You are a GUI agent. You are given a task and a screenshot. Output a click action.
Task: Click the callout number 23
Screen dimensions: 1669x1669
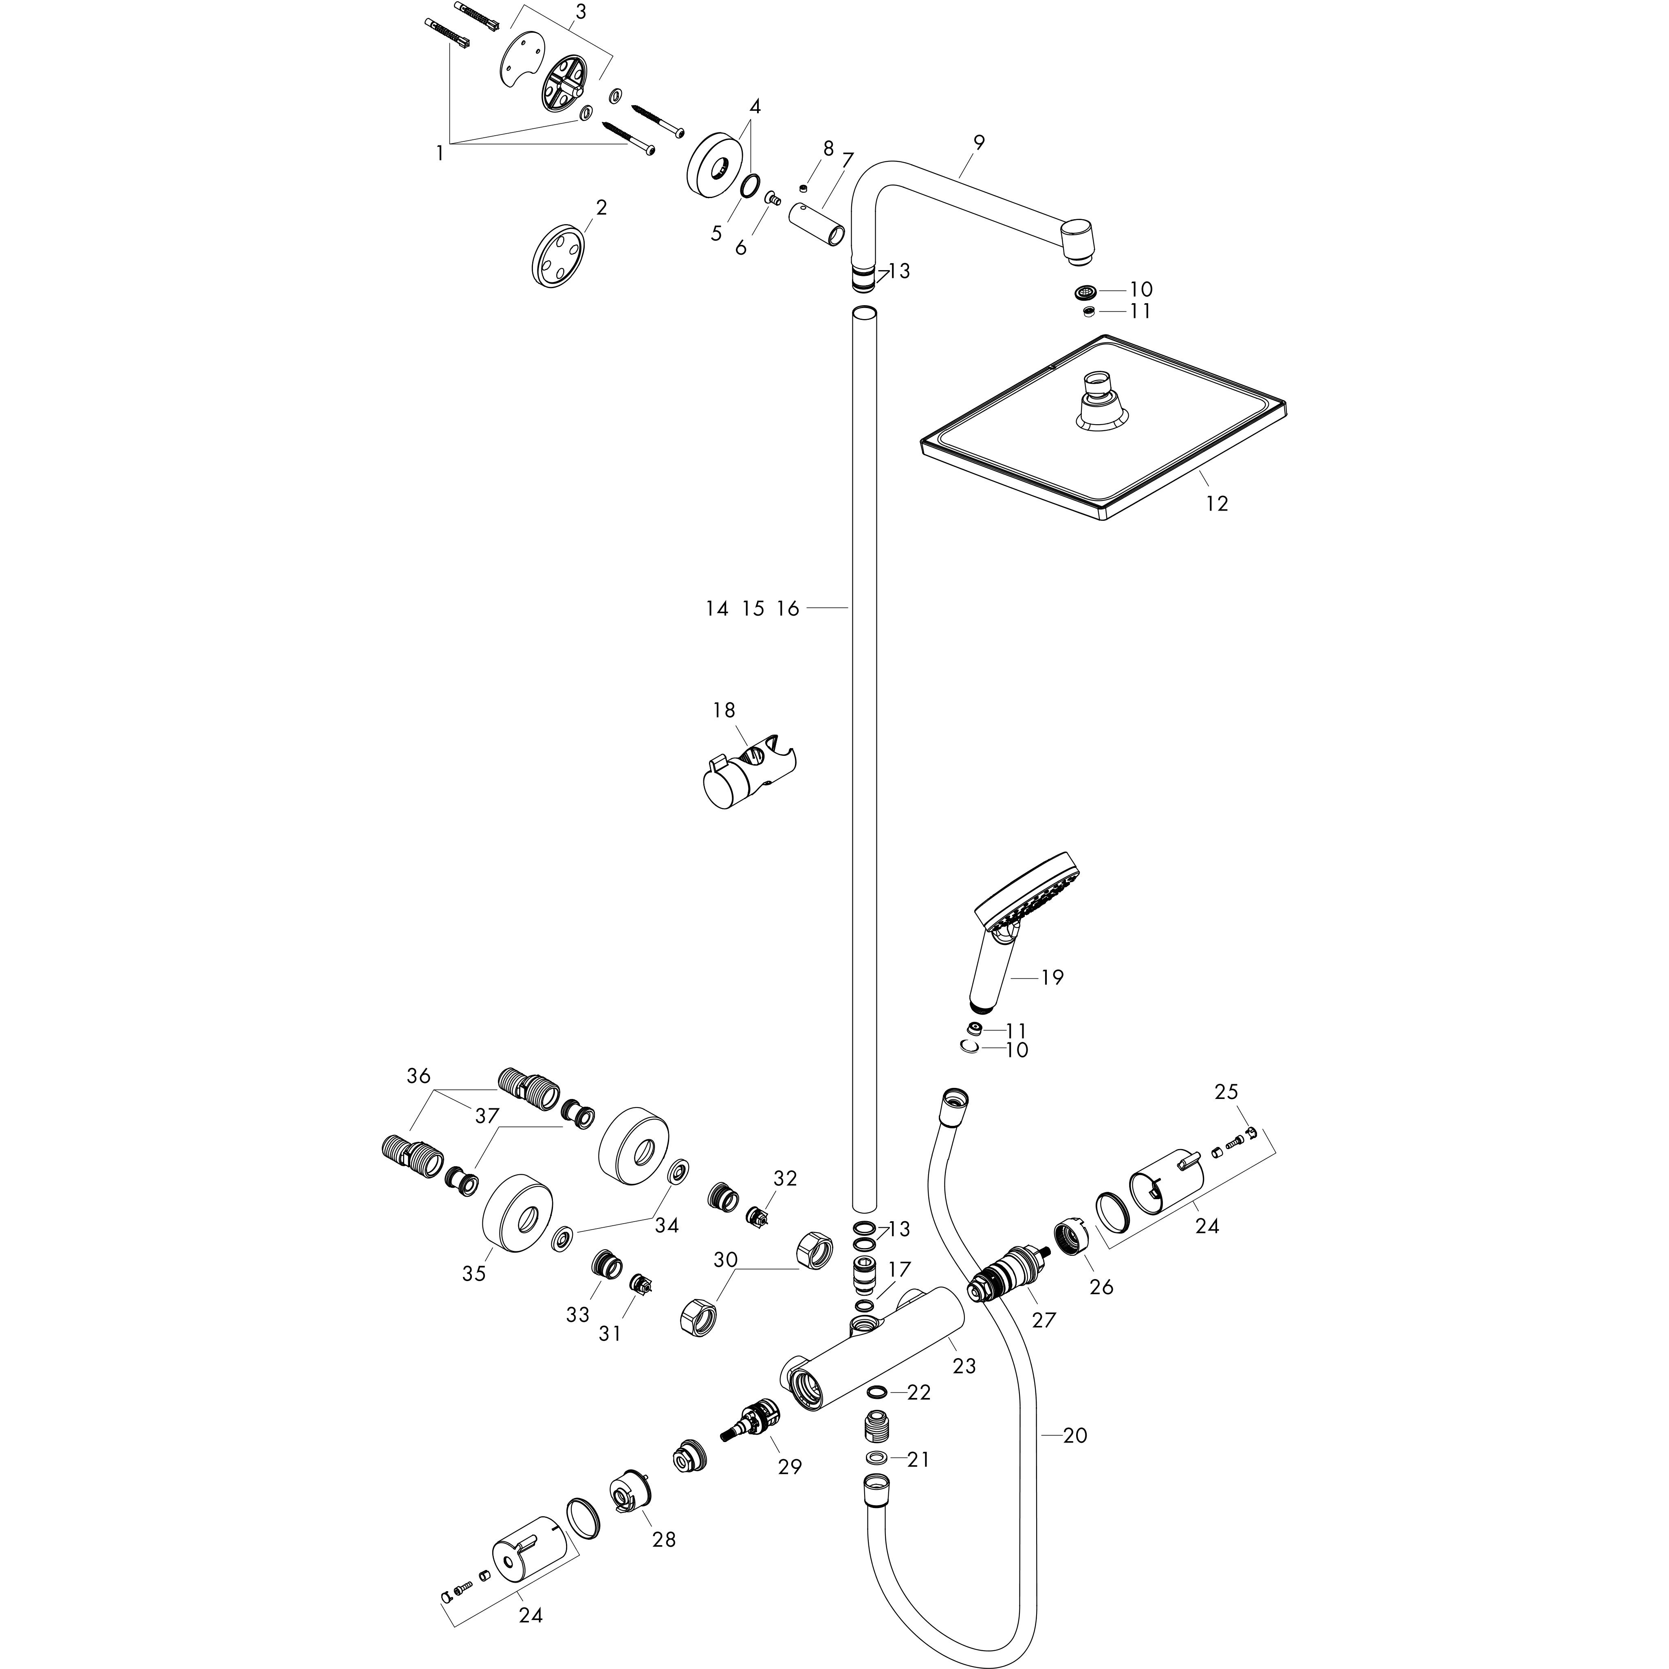[964, 1366]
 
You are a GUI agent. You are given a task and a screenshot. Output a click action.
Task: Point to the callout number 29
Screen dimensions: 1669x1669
[790, 1466]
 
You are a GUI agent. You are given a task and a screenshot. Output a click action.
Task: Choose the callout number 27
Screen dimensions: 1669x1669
[1044, 1320]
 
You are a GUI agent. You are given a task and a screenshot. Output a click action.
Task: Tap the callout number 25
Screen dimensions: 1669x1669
[1226, 1092]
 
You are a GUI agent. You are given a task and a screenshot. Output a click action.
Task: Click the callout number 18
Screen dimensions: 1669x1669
[724, 710]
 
